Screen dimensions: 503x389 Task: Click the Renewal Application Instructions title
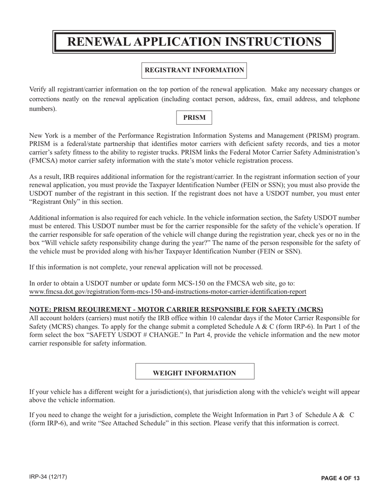point(194,42)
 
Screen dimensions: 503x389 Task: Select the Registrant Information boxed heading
point(194,70)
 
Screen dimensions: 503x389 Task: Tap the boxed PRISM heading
point(194,118)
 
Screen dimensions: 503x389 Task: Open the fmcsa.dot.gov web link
point(167,292)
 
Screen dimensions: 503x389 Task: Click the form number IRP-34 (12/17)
point(48,477)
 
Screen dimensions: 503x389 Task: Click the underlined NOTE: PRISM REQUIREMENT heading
point(176,309)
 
